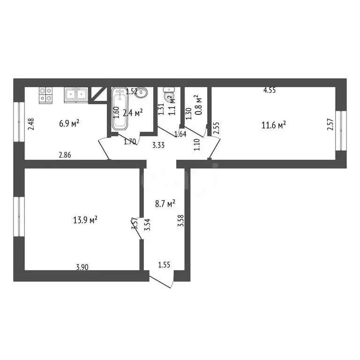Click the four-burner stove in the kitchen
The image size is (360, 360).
coord(45,95)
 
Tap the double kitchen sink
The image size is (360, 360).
coord(75,95)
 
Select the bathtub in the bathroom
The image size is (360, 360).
coord(120,109)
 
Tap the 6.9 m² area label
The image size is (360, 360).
coord(69,124)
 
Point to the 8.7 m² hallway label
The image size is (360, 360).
coord(165,203)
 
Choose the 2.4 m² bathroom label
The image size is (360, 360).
coord(133,113)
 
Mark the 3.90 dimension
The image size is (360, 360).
coord(82,267)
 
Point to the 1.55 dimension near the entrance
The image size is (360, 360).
coord(164,265)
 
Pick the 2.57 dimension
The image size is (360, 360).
coord(330,126)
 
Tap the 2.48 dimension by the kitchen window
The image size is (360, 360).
coord(31,124)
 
